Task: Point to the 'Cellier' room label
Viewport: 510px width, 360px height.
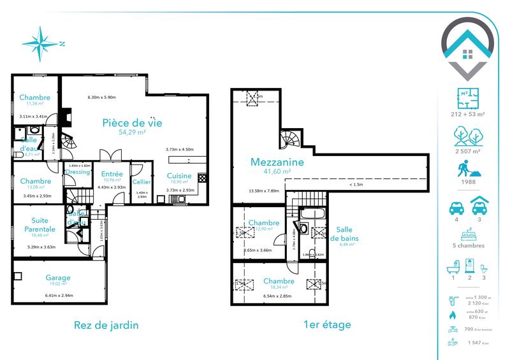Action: click(x=142, y=182)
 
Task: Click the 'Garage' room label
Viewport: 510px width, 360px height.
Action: click(x=57, y=278)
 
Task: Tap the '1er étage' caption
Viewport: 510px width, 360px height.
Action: click(x=327, y=324)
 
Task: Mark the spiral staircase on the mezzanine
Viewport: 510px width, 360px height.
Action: click(x=287, y=138)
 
